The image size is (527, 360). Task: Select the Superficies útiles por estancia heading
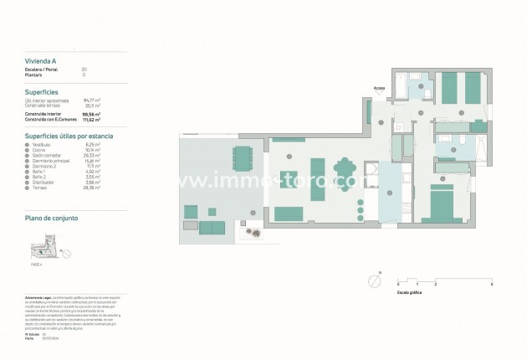pyautogui.click(x=69, y=135)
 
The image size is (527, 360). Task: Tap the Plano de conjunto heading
pyautogui.click(x=52, y=218)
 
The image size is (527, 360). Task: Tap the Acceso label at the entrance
pyautogui.click(x=380, y=86)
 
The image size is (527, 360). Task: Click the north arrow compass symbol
pyautogui.click(x=371, y=282)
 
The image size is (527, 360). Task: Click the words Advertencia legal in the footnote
pyautogui.click(x=40, y=297)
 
